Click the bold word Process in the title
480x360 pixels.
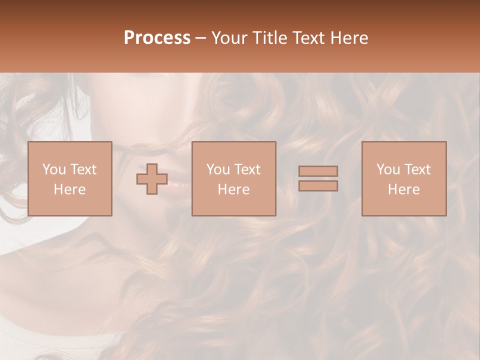point(157,38)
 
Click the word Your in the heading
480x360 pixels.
point(228,38)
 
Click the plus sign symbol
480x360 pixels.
point(152,179)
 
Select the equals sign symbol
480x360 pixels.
point(318,178)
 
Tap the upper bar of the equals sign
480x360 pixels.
point(318,171)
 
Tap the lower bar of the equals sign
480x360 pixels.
point(318,185)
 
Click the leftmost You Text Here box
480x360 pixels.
point(70,178)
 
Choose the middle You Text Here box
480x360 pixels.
point(234,178)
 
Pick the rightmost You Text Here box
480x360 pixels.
point(404,178)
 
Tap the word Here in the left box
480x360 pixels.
point(70,189)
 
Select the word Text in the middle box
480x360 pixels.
point(247,169)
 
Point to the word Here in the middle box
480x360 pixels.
point(234,189)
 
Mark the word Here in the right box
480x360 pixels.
point(404,189)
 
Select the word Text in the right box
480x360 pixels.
point(417,169)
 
